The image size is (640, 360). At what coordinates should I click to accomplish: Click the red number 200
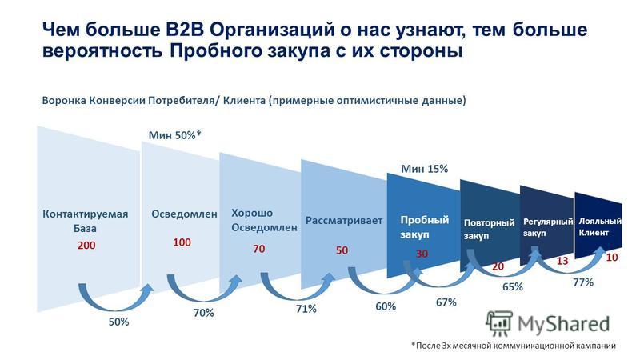pos(86,245)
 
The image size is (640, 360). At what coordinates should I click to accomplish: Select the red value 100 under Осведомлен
pos(182,242)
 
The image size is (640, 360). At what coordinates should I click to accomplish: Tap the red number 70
pos(258,249)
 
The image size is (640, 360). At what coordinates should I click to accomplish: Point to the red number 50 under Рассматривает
pos(342,250)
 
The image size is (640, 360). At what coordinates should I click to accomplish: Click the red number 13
pos(562,261)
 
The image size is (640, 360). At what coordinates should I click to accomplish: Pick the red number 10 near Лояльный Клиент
pos(611,257)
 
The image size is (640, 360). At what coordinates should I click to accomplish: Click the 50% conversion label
pos(118,322)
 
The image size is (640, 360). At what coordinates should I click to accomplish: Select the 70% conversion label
pos(204,313)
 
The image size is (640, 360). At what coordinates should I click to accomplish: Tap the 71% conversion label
pos(306,309)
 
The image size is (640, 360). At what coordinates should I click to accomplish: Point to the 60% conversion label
pos(386,306)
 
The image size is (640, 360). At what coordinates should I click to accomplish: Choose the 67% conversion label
pos(446,302)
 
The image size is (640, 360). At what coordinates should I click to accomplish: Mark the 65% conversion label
pos(513,286)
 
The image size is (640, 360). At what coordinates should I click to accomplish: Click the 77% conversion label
pos(583,282)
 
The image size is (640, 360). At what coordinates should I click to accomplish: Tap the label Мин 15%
pos(425,169)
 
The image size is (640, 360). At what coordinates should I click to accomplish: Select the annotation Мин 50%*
pos(174,135)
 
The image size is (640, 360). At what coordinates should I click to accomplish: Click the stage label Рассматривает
pos(344,221)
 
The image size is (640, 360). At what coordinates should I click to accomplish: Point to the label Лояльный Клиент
pos(600,227)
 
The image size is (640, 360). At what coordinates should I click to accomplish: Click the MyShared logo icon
pos(499,324)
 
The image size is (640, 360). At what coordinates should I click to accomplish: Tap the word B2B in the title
pos(186,30)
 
